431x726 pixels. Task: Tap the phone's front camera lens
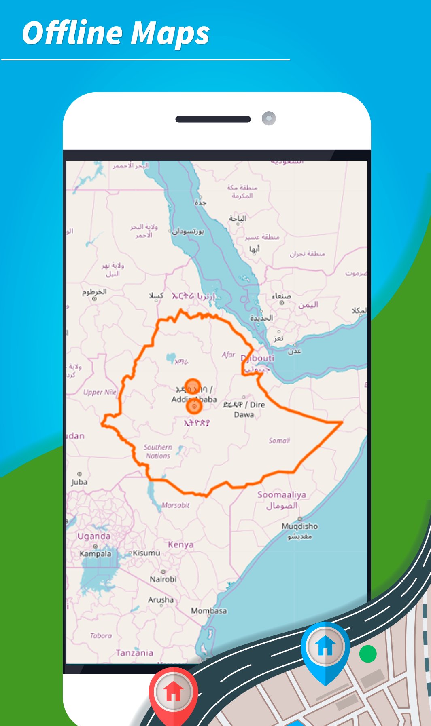(269, 118)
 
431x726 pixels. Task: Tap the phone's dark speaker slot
(213, 119)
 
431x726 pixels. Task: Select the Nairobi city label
(163, 579)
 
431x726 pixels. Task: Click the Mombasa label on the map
(209, 610)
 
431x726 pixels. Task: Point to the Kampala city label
(95, 553)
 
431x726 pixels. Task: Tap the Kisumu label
(146, 553)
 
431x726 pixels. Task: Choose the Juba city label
(79, 482)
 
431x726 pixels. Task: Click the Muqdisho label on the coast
(299, 526)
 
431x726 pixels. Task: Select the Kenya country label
(180, 544)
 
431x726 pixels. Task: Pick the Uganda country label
(94, 536)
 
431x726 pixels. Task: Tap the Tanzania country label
(134, 652)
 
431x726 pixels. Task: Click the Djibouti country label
(258, 358)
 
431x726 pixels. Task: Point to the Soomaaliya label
(282, 494)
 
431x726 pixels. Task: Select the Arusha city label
(161, 599)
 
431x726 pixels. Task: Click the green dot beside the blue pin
(368, 654)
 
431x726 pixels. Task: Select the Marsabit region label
(175, 505)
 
